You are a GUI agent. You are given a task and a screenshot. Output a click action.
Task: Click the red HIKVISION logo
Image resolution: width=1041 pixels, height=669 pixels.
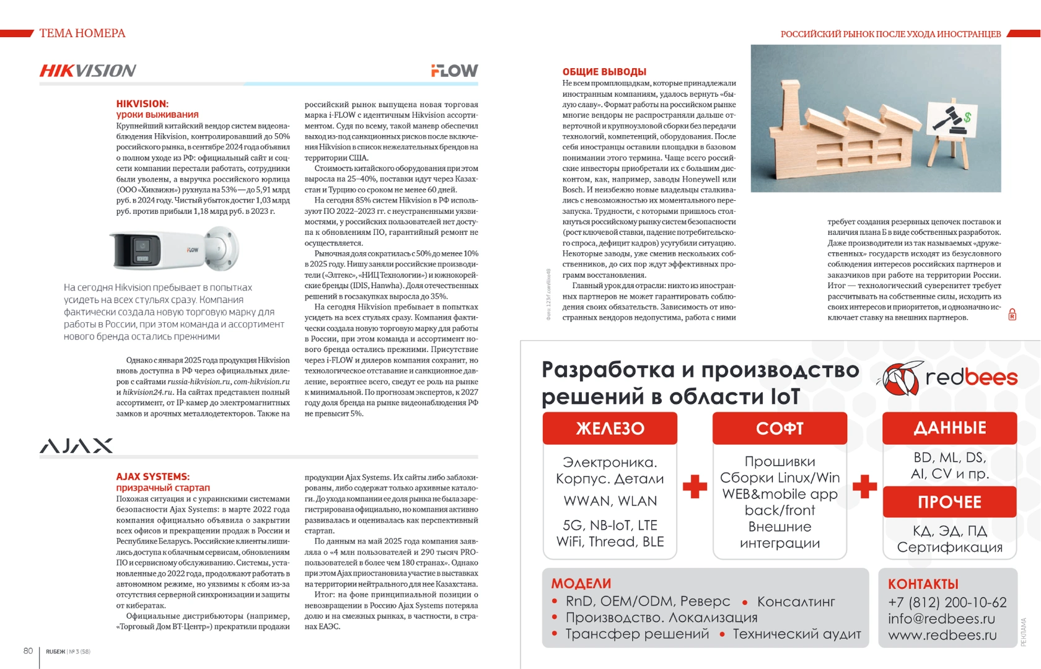click(88, 71)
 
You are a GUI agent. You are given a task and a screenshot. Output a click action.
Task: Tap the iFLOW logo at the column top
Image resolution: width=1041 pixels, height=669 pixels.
click(454, 71)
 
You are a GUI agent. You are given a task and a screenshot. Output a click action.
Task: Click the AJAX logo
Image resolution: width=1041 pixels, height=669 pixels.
click(76, 446)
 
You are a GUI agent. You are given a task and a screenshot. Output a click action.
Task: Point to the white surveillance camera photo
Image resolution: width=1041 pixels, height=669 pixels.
click(173, 249)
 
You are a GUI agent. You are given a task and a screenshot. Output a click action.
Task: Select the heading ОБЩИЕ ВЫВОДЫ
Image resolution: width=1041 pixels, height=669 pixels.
click(604, 72)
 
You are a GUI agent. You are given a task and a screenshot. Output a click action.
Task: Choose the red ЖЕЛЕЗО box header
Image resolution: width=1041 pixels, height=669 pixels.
click(610, 428)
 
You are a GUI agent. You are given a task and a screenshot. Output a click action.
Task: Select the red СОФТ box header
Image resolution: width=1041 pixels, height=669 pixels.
click(780, 428)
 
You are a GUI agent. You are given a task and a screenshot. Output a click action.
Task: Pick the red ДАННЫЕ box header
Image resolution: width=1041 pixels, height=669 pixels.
click(949, 427)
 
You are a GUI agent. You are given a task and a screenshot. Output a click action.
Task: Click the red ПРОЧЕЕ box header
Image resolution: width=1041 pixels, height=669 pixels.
click(949, 502)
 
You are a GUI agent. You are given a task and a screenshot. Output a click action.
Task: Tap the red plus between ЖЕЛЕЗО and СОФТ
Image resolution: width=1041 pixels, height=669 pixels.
click(695, 487)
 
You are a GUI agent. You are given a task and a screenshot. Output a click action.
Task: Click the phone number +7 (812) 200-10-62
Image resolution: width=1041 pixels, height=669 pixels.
click(947, 602)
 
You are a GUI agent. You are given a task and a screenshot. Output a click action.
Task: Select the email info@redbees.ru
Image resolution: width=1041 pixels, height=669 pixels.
click(941, 618)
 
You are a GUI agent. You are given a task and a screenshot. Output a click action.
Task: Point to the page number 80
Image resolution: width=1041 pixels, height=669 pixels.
click(28, 650)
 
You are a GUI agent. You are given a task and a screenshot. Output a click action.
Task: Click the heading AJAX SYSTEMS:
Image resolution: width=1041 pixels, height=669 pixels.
click(152, 476)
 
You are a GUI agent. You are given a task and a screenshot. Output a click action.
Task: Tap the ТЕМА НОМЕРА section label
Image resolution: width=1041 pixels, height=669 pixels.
click(82, 33)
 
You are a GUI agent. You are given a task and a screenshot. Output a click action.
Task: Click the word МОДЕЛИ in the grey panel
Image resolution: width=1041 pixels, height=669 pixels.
click(581, 584)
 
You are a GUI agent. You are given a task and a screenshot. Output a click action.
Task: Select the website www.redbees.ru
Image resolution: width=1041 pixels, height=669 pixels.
click(942, 635)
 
